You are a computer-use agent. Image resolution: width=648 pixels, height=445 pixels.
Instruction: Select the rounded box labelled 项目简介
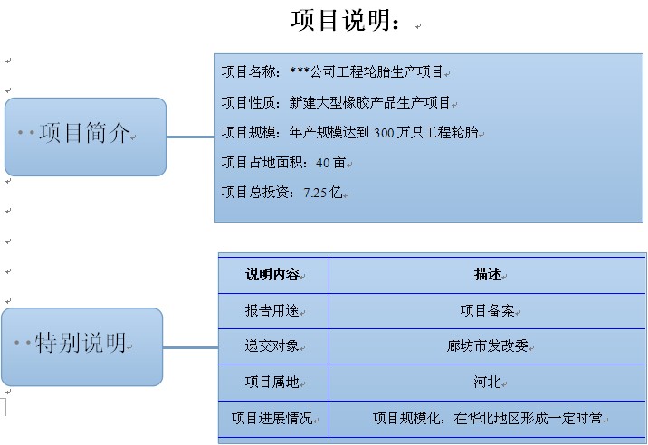point(86,137)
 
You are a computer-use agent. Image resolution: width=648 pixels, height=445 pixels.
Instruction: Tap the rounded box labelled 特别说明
point(82,346)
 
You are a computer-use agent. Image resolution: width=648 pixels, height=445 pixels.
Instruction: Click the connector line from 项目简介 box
point(191,137)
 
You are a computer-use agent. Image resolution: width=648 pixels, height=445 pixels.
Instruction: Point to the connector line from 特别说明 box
point(191,347)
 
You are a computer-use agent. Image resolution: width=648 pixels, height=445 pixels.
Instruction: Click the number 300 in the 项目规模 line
point(384,133)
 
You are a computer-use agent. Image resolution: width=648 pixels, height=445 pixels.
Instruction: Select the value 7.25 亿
point(323,193)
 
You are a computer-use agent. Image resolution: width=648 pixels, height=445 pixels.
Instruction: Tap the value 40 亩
point(330,163)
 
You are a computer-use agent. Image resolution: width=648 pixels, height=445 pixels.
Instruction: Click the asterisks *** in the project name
point(300,71)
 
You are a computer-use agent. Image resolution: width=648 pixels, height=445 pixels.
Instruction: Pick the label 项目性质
point(248,102)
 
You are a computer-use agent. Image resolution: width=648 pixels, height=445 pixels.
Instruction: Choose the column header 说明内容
point(272,274)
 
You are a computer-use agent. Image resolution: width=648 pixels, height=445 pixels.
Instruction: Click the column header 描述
point(488,274)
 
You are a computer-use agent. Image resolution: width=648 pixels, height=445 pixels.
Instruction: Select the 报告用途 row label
point(272,310)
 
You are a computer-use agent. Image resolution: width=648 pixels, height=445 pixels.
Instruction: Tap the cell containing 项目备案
point(488,310)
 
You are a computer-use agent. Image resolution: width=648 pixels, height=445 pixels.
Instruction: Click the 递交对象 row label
point(272,346)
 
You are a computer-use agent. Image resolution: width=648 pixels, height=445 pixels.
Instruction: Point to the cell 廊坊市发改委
point(488,346)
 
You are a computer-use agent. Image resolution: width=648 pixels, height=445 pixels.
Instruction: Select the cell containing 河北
point(488,382)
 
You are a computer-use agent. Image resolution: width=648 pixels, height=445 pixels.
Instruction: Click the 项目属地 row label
point(272,382)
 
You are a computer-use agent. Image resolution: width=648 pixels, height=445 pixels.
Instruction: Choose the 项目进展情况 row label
point(272,418)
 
